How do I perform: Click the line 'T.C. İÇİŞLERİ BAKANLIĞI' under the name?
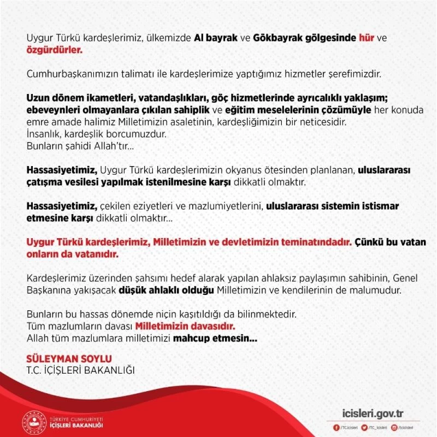(x=80, y=370)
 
